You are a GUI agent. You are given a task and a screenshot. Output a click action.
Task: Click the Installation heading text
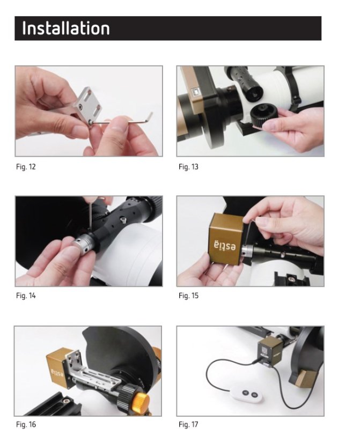(65, 28)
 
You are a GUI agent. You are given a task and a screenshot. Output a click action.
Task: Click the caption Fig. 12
(26, 167)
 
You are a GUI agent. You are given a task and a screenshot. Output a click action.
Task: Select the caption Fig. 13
(188, 167)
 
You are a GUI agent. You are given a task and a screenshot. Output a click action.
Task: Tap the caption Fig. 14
(26, 296)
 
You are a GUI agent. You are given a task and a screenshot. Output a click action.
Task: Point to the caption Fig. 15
(188, 296)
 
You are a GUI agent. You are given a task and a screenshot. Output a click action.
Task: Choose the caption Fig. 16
(26, 425)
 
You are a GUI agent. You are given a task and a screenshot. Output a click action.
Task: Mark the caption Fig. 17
(188, 425)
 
